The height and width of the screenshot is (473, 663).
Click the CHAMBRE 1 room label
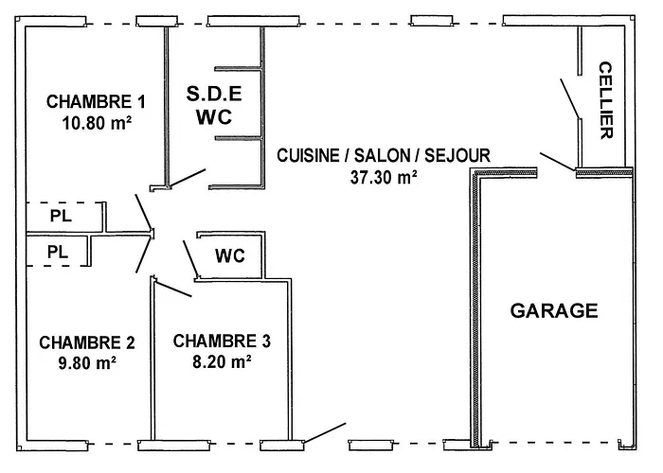[96, 101]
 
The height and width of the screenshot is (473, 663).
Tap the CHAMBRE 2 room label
[86, 342]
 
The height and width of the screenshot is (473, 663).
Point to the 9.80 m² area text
[86, 361]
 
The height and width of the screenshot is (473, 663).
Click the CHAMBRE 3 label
[222, 341]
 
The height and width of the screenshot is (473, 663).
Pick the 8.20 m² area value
[222, 360]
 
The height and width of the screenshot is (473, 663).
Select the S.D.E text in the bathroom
[213, 94]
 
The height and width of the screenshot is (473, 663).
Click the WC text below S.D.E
[213, 117]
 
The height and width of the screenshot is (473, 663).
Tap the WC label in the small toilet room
[230, 255]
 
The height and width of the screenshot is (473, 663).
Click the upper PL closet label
[59, 217]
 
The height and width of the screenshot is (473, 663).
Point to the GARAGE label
[554, 310]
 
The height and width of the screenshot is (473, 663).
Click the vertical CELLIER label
[606, 100]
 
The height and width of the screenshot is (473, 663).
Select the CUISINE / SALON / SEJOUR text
[384, 155]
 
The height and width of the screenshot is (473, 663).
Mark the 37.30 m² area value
[384, 176]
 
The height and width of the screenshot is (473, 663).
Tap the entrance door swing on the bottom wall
[325, 433]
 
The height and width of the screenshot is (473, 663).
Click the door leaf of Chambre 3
[173, 288]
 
